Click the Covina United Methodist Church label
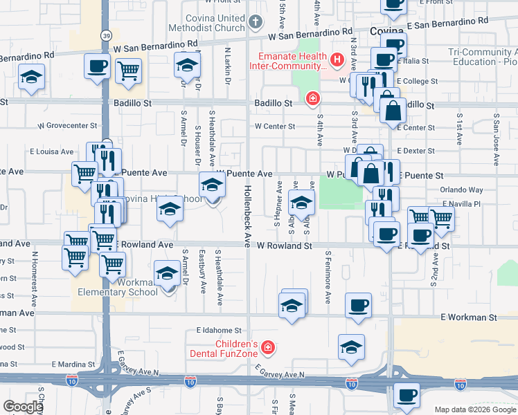(214, 23)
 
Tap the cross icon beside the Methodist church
(255, 21)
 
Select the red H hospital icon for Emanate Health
(337, 60)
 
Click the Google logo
(23, 407)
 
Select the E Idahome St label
(218, 331)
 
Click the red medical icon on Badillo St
(313, 99)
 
